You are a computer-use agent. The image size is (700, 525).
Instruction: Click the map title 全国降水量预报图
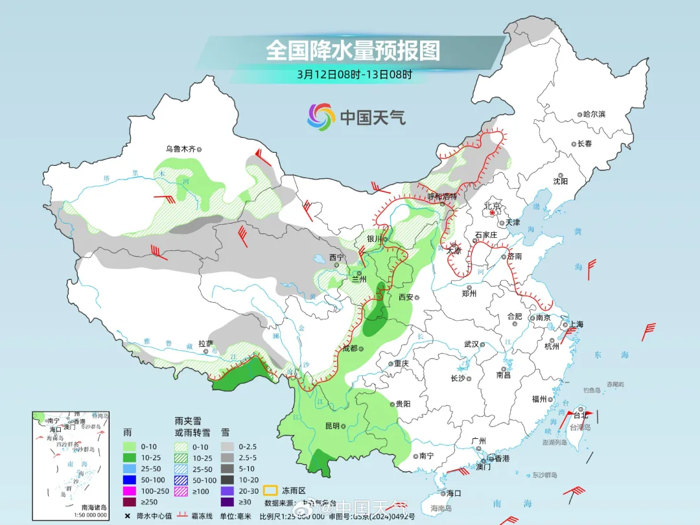(353, 51)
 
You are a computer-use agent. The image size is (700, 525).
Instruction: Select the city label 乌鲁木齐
(180, 148)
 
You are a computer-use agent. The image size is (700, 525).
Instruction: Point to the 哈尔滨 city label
(593, 114)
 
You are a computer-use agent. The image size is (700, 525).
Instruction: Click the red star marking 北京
(493, 212)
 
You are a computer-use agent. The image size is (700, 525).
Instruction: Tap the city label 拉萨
(205, 344)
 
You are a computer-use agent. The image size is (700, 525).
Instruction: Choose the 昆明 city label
(331, 426)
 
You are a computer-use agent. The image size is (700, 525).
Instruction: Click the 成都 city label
(349, 348)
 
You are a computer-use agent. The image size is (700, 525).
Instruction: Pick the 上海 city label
(576, 324)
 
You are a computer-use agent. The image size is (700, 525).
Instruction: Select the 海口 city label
(453, 493)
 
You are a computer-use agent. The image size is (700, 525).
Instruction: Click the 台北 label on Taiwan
(580, 415)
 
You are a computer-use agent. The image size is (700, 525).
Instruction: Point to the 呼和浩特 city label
(443, 196)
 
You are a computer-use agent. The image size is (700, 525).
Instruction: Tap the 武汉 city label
(471, 344)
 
